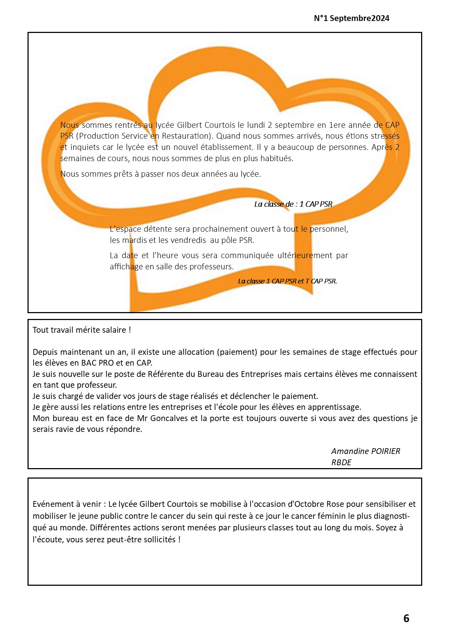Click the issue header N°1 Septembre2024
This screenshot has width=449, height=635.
pos(351,18)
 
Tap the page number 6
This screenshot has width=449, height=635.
pos(406,618)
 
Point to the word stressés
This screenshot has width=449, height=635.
pos(385,136)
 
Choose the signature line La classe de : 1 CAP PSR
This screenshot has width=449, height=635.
pos(293,204)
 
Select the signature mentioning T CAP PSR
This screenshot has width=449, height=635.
pos(287,281)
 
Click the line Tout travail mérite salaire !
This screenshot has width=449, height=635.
pos(81,330)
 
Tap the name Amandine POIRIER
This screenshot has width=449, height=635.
pos(365,451)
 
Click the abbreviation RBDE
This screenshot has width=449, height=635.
pos(341,462)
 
